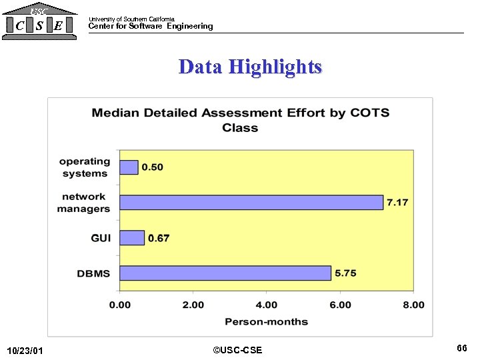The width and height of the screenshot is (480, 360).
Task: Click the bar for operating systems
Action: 129,167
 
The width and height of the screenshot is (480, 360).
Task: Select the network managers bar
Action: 251,202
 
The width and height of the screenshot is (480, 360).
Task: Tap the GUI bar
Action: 132,237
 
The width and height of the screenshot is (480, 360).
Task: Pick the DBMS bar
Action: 225,273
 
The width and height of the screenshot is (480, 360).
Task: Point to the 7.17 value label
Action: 397,202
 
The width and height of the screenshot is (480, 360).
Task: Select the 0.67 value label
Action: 159,238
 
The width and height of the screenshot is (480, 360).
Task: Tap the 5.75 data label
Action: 345,273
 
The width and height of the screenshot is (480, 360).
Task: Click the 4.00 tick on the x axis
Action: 267,305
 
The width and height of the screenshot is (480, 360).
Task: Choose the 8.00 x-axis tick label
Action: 413,305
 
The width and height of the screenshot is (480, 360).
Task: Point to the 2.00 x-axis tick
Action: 193,305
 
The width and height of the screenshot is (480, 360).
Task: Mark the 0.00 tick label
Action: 120,305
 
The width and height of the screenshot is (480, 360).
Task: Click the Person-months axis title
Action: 266,321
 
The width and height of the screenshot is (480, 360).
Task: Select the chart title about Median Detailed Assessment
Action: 240,120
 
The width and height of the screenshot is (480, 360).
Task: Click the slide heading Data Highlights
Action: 250,67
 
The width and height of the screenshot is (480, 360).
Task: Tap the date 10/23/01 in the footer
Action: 24,351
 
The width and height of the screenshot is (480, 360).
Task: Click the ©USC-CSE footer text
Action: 237,350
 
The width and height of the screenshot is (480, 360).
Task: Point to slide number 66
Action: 462,348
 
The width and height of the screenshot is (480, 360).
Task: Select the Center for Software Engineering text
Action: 151,26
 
